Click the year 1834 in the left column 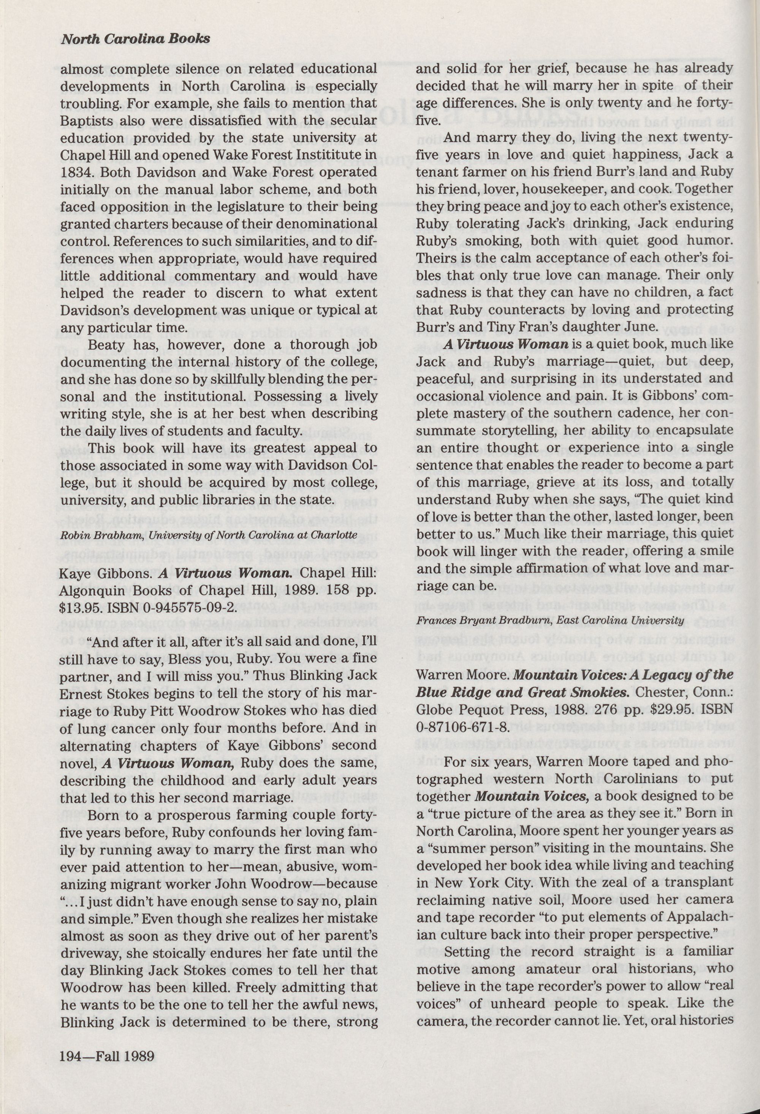pyautogui.click(x=74, y=173)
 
